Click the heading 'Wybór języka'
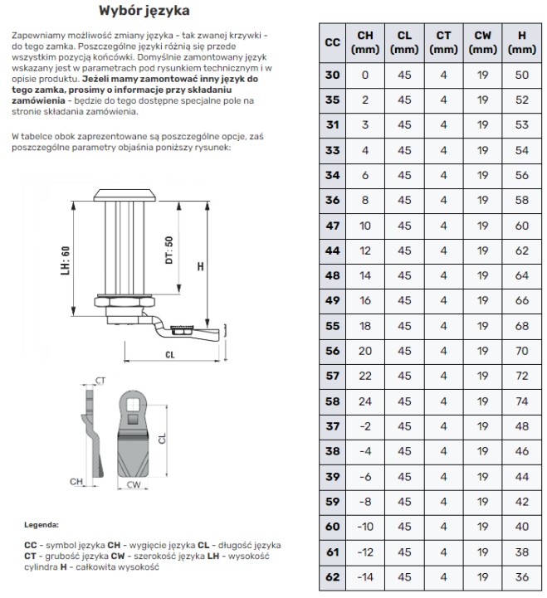click(x=144, y=11)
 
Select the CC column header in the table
click(x=332, y=42)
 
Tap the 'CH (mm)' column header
click(x=365, y=42)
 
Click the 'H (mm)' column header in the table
click(x=521, y=42)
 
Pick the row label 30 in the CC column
click(x=332, y=75)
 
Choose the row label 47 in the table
click(x=332, y=226)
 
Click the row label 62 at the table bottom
click(x=332, y=577)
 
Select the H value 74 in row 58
click(x=521, y=401)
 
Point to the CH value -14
click(x=365, y=577)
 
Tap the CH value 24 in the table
click(x=365, y=401)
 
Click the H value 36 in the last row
click(x=521, y=577)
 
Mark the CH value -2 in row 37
click(x=365, y=426)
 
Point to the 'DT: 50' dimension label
click(x=169, y=250)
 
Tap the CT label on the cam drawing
click(x=100, y=381)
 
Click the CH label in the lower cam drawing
click(x=76, y=480)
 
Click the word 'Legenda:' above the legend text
click(x=42, y=525)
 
